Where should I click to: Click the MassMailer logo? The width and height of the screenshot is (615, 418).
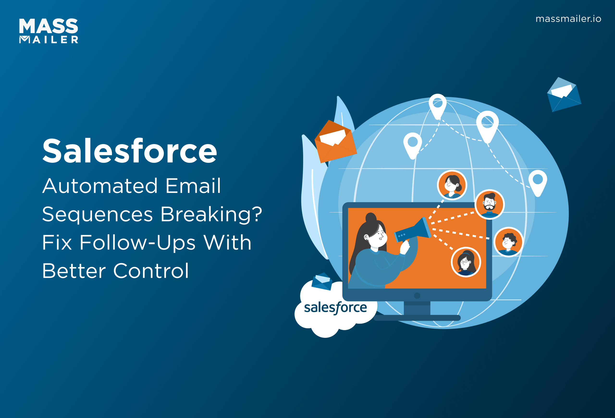49,31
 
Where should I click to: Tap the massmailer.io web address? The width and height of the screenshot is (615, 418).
568,19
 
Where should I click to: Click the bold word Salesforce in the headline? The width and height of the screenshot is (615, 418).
129,151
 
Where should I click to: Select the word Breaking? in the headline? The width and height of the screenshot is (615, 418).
211,214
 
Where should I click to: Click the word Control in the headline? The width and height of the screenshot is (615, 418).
151,271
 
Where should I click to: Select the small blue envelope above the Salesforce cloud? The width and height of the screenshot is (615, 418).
322,281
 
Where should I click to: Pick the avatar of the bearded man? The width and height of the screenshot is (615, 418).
490,204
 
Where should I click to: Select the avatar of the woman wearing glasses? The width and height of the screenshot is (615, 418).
466,262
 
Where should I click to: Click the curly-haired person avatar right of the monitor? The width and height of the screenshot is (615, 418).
508,242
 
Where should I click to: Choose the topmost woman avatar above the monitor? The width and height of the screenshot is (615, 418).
452,185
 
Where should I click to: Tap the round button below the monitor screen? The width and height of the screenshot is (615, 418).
417,296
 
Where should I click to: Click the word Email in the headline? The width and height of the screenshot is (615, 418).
193,186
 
